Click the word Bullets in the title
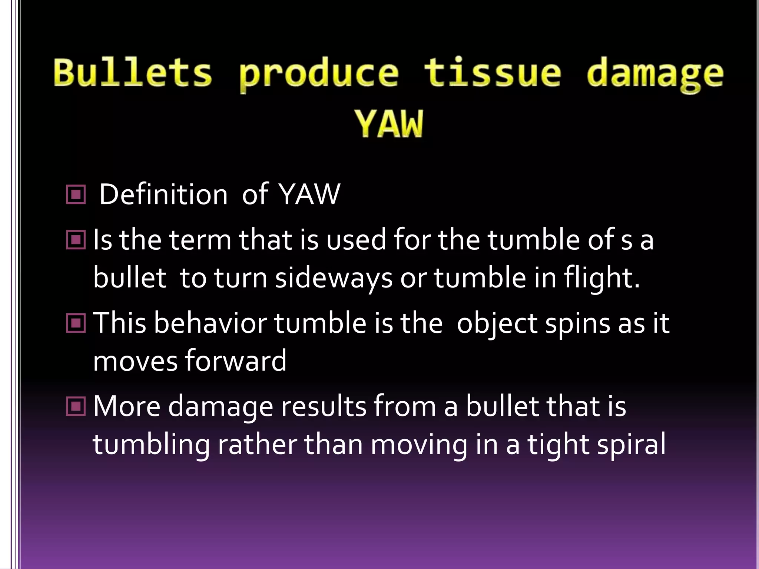(x=133, y=73)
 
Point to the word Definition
(x=163, y=194)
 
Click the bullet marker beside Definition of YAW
(x=76, y=194)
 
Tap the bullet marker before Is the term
(x=76, y=240)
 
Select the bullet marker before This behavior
(x=76, y=323)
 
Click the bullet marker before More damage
(x=76, y=406)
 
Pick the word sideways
(x=334, y=279)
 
